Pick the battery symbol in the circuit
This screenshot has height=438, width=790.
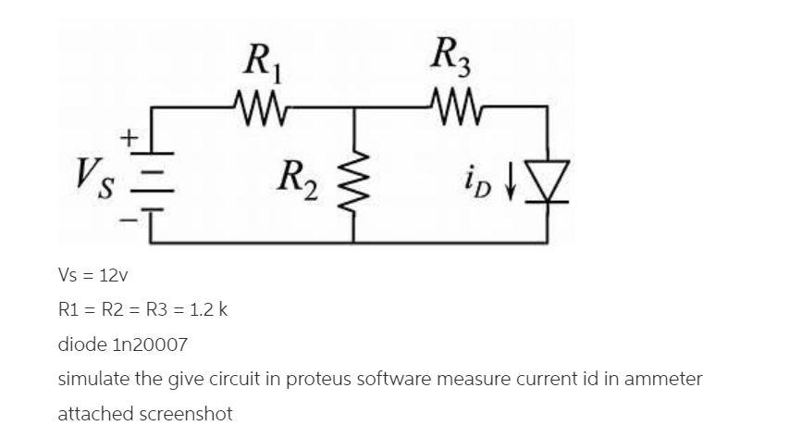(151, 174)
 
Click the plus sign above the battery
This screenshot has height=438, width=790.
(130, 138)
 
